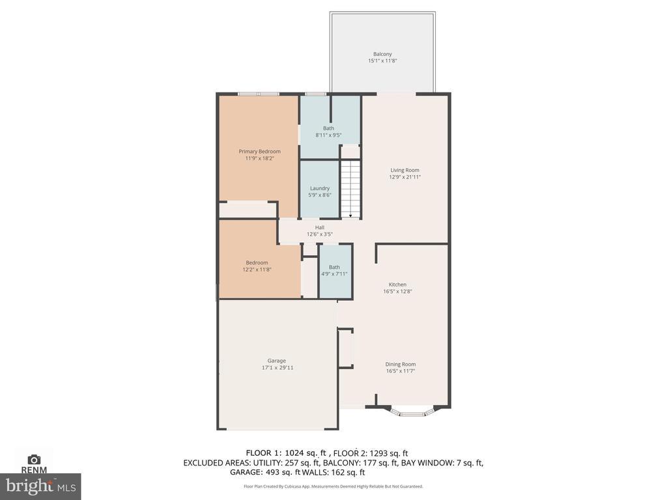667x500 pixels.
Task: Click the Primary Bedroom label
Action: click(x=259, y=151)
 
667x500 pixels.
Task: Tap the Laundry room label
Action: click(x=319, y=188)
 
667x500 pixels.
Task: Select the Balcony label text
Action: click(x=382, y=54)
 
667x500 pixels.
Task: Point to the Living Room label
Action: click(x=404, y=170)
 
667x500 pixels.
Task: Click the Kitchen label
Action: click(x=397, y=285)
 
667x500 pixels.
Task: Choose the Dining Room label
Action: click(x=401, y=364)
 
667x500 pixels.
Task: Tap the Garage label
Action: click(x=276, y=361)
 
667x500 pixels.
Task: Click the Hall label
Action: click(x=319, y=227)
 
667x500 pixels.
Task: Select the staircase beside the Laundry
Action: click(x=350, y=189)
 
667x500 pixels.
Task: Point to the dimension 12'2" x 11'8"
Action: click(x=257, y=269)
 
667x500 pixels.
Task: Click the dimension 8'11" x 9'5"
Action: click(x=328, y=135)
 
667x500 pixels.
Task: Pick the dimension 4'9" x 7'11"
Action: click(x=334, y=274)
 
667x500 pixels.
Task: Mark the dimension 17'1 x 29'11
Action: click(x=277, y=368)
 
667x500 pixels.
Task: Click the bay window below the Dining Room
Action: click(x=412, y=412)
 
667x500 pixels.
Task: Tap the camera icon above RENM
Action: click(x=34, y=459)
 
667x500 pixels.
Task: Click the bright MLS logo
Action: click(x=40, y=486)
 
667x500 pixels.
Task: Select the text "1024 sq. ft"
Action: click(x=305, y=453)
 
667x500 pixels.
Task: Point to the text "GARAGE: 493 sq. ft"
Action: click(x=265, y=472)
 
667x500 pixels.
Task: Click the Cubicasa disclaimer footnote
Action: click(x=333, y=486)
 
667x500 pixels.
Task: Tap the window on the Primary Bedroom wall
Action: click(x=258, y=94)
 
